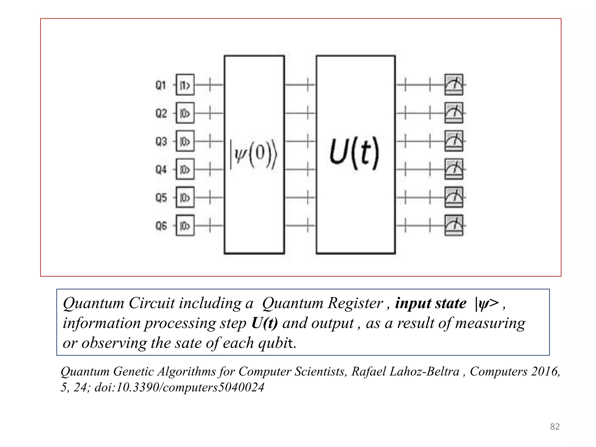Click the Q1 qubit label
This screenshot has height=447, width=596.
[x=161, y=85]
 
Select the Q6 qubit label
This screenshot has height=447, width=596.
[x=161, y=226]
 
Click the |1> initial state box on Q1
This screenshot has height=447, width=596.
[x=185, y=85]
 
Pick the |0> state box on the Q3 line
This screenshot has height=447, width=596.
[x=185, y=141]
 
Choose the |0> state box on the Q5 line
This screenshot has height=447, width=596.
[x=185, y=198]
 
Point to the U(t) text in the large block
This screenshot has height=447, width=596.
[x=355, y=153]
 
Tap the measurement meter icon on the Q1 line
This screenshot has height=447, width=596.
[x=454, y=84]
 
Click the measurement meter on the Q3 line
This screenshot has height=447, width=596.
[x=454, y=141]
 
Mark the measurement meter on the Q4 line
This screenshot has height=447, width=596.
[x=454, y=169]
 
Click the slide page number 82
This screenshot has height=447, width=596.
[x=555, y=427]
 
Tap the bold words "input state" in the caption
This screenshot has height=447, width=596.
[x=431, y=303]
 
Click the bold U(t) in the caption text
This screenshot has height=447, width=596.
[x=265, y=323]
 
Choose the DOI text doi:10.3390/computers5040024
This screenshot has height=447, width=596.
[x=180, y=387]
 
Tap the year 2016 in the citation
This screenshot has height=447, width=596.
[x=545, y=372]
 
